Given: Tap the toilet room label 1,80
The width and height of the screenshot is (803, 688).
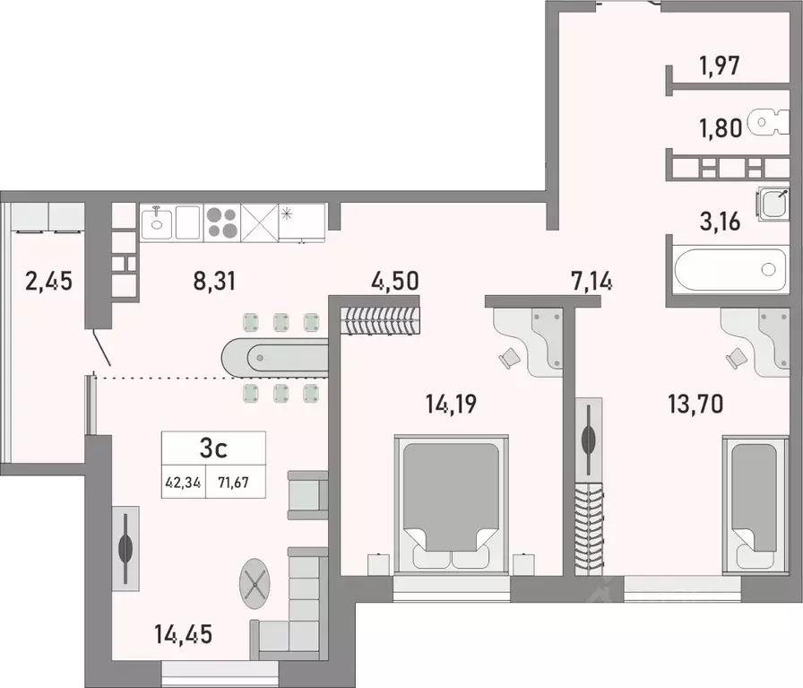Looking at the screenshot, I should tap(720, 127).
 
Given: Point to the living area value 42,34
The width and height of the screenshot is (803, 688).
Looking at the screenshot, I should tap(183, 480).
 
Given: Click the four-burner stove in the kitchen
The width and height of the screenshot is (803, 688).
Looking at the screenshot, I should tap(222, 222).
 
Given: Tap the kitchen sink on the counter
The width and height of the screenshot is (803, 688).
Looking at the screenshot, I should tap(157, 221).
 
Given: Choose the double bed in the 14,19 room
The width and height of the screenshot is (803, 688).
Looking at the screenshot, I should tap(451, 502).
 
